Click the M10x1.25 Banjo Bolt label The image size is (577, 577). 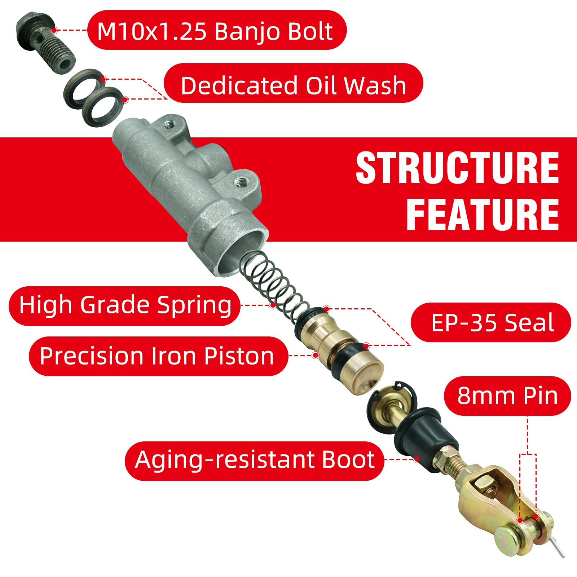(x=216, y=30)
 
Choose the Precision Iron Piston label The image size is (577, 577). (x=158, y=356)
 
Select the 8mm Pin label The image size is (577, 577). (x=507, y=396)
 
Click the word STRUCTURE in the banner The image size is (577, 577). (x=457, y=168)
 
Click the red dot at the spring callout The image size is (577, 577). (x=273, y=305)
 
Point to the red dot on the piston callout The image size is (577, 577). (x=316, y=355)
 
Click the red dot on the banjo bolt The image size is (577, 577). (x=54, y=30)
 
